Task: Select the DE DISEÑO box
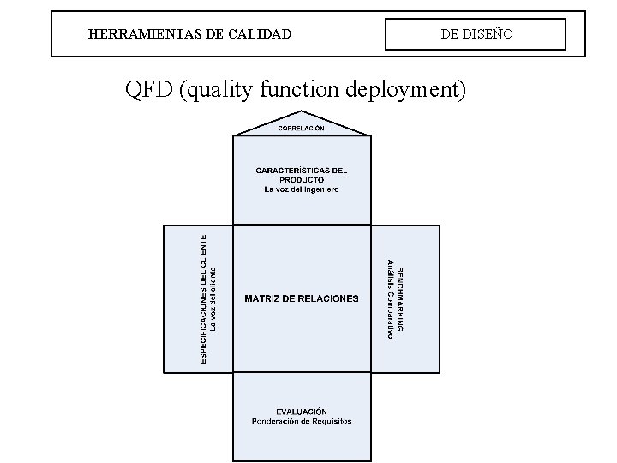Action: (x=476, y=34)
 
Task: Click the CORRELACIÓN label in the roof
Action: (x=301, y=128)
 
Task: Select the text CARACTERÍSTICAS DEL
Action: (x=301, y=171)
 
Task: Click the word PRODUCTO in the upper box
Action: (x=302, y=180)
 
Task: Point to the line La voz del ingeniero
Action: (x=302, y=189)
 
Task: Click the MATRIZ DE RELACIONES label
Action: (x=302, y=298)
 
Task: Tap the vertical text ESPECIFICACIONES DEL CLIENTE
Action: (x=204, y=298)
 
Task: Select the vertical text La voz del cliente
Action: (x=214, y=298)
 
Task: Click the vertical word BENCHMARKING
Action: (x=400, y=298)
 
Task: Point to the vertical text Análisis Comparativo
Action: (x=390, y=298)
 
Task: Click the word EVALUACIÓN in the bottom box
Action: (x=302, y=412)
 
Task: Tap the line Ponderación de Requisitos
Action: (x=302, y=421)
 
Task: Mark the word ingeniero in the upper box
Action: (x=319, y=189)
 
